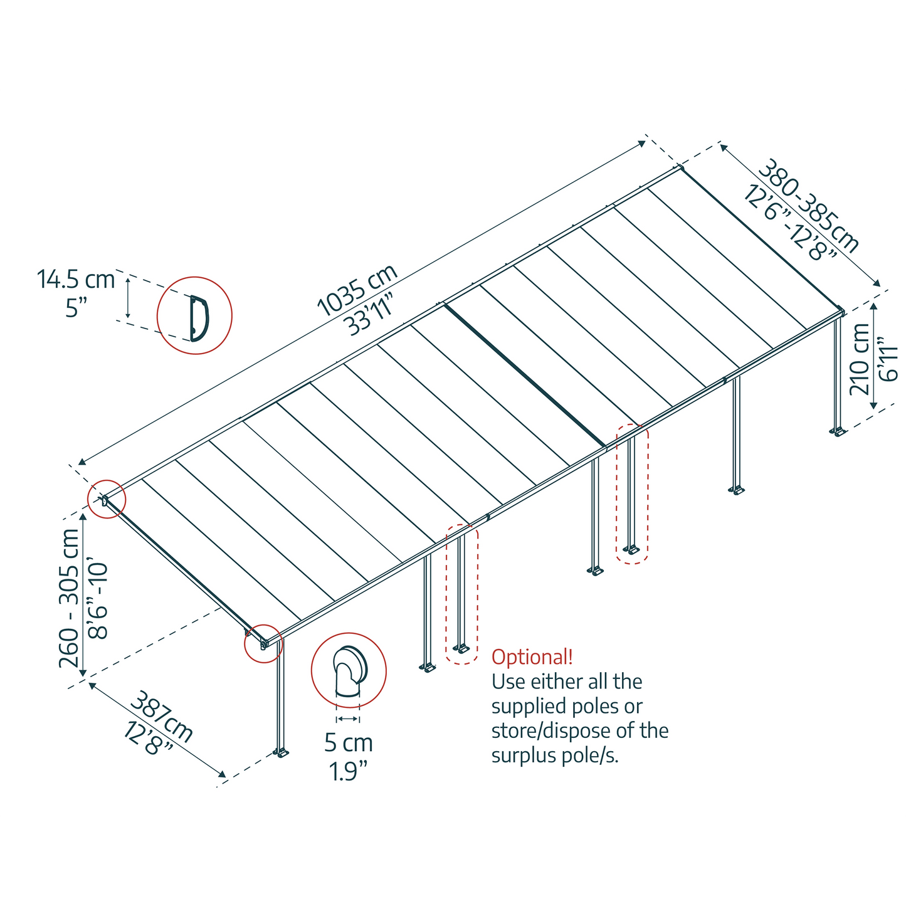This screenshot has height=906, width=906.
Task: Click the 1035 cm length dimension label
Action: [x=357, y=290]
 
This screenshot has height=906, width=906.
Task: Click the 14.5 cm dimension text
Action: [x=76, y=279]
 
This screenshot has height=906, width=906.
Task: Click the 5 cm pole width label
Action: [x=349, y=744]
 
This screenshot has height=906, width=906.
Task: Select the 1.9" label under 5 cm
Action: [x=349, y=772]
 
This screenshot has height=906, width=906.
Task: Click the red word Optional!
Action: [x=532, y=657]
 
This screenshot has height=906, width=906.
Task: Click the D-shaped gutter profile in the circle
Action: [x=199, y=318]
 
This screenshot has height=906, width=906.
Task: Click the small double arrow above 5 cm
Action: [x=348, y=719]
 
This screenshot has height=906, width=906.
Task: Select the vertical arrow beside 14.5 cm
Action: [x=127, y=297]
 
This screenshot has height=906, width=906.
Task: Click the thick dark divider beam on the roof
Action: [x=525, y=375]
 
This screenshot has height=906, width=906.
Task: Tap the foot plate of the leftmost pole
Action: [x=281, y=754]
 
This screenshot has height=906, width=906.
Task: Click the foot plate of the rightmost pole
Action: [x=838, y=431]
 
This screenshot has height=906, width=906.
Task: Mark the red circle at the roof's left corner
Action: [x=107, y=499]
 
